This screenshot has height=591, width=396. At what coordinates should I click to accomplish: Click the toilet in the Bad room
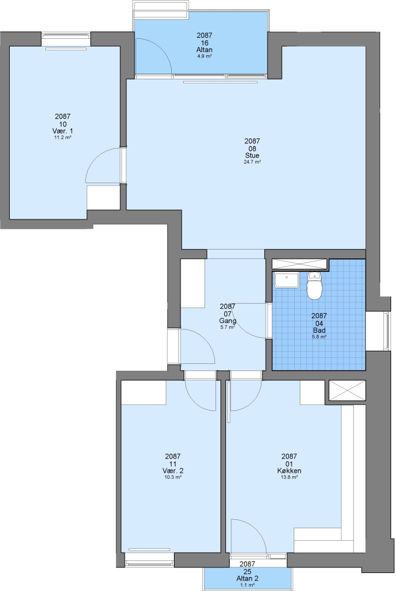tap(315, 285)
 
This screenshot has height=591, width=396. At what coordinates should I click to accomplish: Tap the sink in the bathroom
tap(287, 280)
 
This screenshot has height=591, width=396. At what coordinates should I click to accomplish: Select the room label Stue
tap(252, 155)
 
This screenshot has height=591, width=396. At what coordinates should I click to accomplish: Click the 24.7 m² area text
tap(252, 162)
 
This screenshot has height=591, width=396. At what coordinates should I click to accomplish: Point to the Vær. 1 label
tap(62, 131)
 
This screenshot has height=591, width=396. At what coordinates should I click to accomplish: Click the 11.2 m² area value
tap(62, 137)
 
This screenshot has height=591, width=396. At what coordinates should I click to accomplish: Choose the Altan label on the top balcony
tap(204, 50)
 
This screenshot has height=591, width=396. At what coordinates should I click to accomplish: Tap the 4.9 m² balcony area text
tap(204, 56)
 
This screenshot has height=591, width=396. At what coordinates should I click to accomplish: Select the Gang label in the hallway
tap(228, 321)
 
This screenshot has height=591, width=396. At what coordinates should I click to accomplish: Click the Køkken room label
tap(289, 471)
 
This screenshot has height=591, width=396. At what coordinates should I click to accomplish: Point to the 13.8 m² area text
tap(289, 477)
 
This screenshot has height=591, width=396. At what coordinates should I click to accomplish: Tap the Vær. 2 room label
tap(173, 471)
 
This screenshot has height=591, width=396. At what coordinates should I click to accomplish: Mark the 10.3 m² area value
tap(173, 477)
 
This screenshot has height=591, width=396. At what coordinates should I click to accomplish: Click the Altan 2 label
tap(247, 578)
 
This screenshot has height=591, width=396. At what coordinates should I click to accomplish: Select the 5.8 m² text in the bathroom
tap(319, 337)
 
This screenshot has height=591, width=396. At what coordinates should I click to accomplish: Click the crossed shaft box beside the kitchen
tap(347, 391)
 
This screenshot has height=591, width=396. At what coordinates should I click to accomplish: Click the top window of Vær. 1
tap(66, 36)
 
